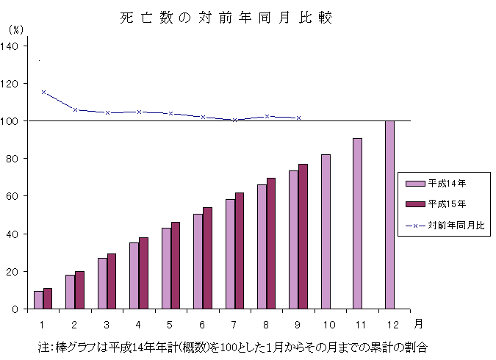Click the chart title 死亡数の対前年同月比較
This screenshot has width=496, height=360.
pos(226,18)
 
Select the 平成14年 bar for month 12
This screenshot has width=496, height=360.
pos(389,215)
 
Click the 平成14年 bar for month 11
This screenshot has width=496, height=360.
pos(357,223)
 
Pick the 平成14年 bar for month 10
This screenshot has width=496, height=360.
pos(326,231)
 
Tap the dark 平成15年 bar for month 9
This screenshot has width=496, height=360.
pos(303,237)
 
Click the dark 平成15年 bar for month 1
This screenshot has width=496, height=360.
pos(48,298)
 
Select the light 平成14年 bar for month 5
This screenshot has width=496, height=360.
pos(166,268)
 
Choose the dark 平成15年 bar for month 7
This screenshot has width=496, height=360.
pos(239,251)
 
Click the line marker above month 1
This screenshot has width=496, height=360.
pos(43,93)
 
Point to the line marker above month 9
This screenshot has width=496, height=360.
pos(298,118)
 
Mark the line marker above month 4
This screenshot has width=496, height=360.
pos(140,112)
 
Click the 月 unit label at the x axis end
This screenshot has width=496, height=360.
pos(417,323)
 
